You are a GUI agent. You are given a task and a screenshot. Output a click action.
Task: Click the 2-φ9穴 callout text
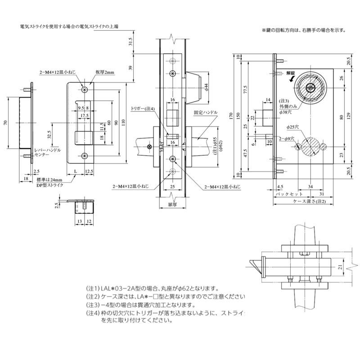(x=287, y=139)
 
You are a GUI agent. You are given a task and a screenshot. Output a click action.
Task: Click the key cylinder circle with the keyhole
(x=310, y=88)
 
